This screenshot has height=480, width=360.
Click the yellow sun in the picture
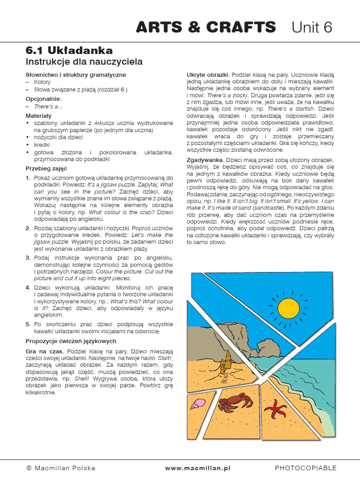pos(288,307)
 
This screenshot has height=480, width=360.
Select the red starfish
pos(276,409)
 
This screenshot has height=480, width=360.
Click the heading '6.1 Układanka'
pos(69,50)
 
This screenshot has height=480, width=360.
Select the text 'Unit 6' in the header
pos(312,28)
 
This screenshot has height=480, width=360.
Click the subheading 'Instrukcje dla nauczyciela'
pos(84,62)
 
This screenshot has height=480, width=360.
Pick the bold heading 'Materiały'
pos(38,115)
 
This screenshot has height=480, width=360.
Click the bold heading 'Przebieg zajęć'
pos(46,168)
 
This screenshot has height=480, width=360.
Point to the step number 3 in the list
pos(28,258)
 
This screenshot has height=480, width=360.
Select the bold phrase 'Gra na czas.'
pos(45,351)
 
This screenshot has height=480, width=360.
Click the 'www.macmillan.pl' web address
pos(197,468)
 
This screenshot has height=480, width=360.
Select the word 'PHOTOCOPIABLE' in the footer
pos(305,468)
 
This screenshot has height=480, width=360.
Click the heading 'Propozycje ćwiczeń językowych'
pos(71,341)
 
